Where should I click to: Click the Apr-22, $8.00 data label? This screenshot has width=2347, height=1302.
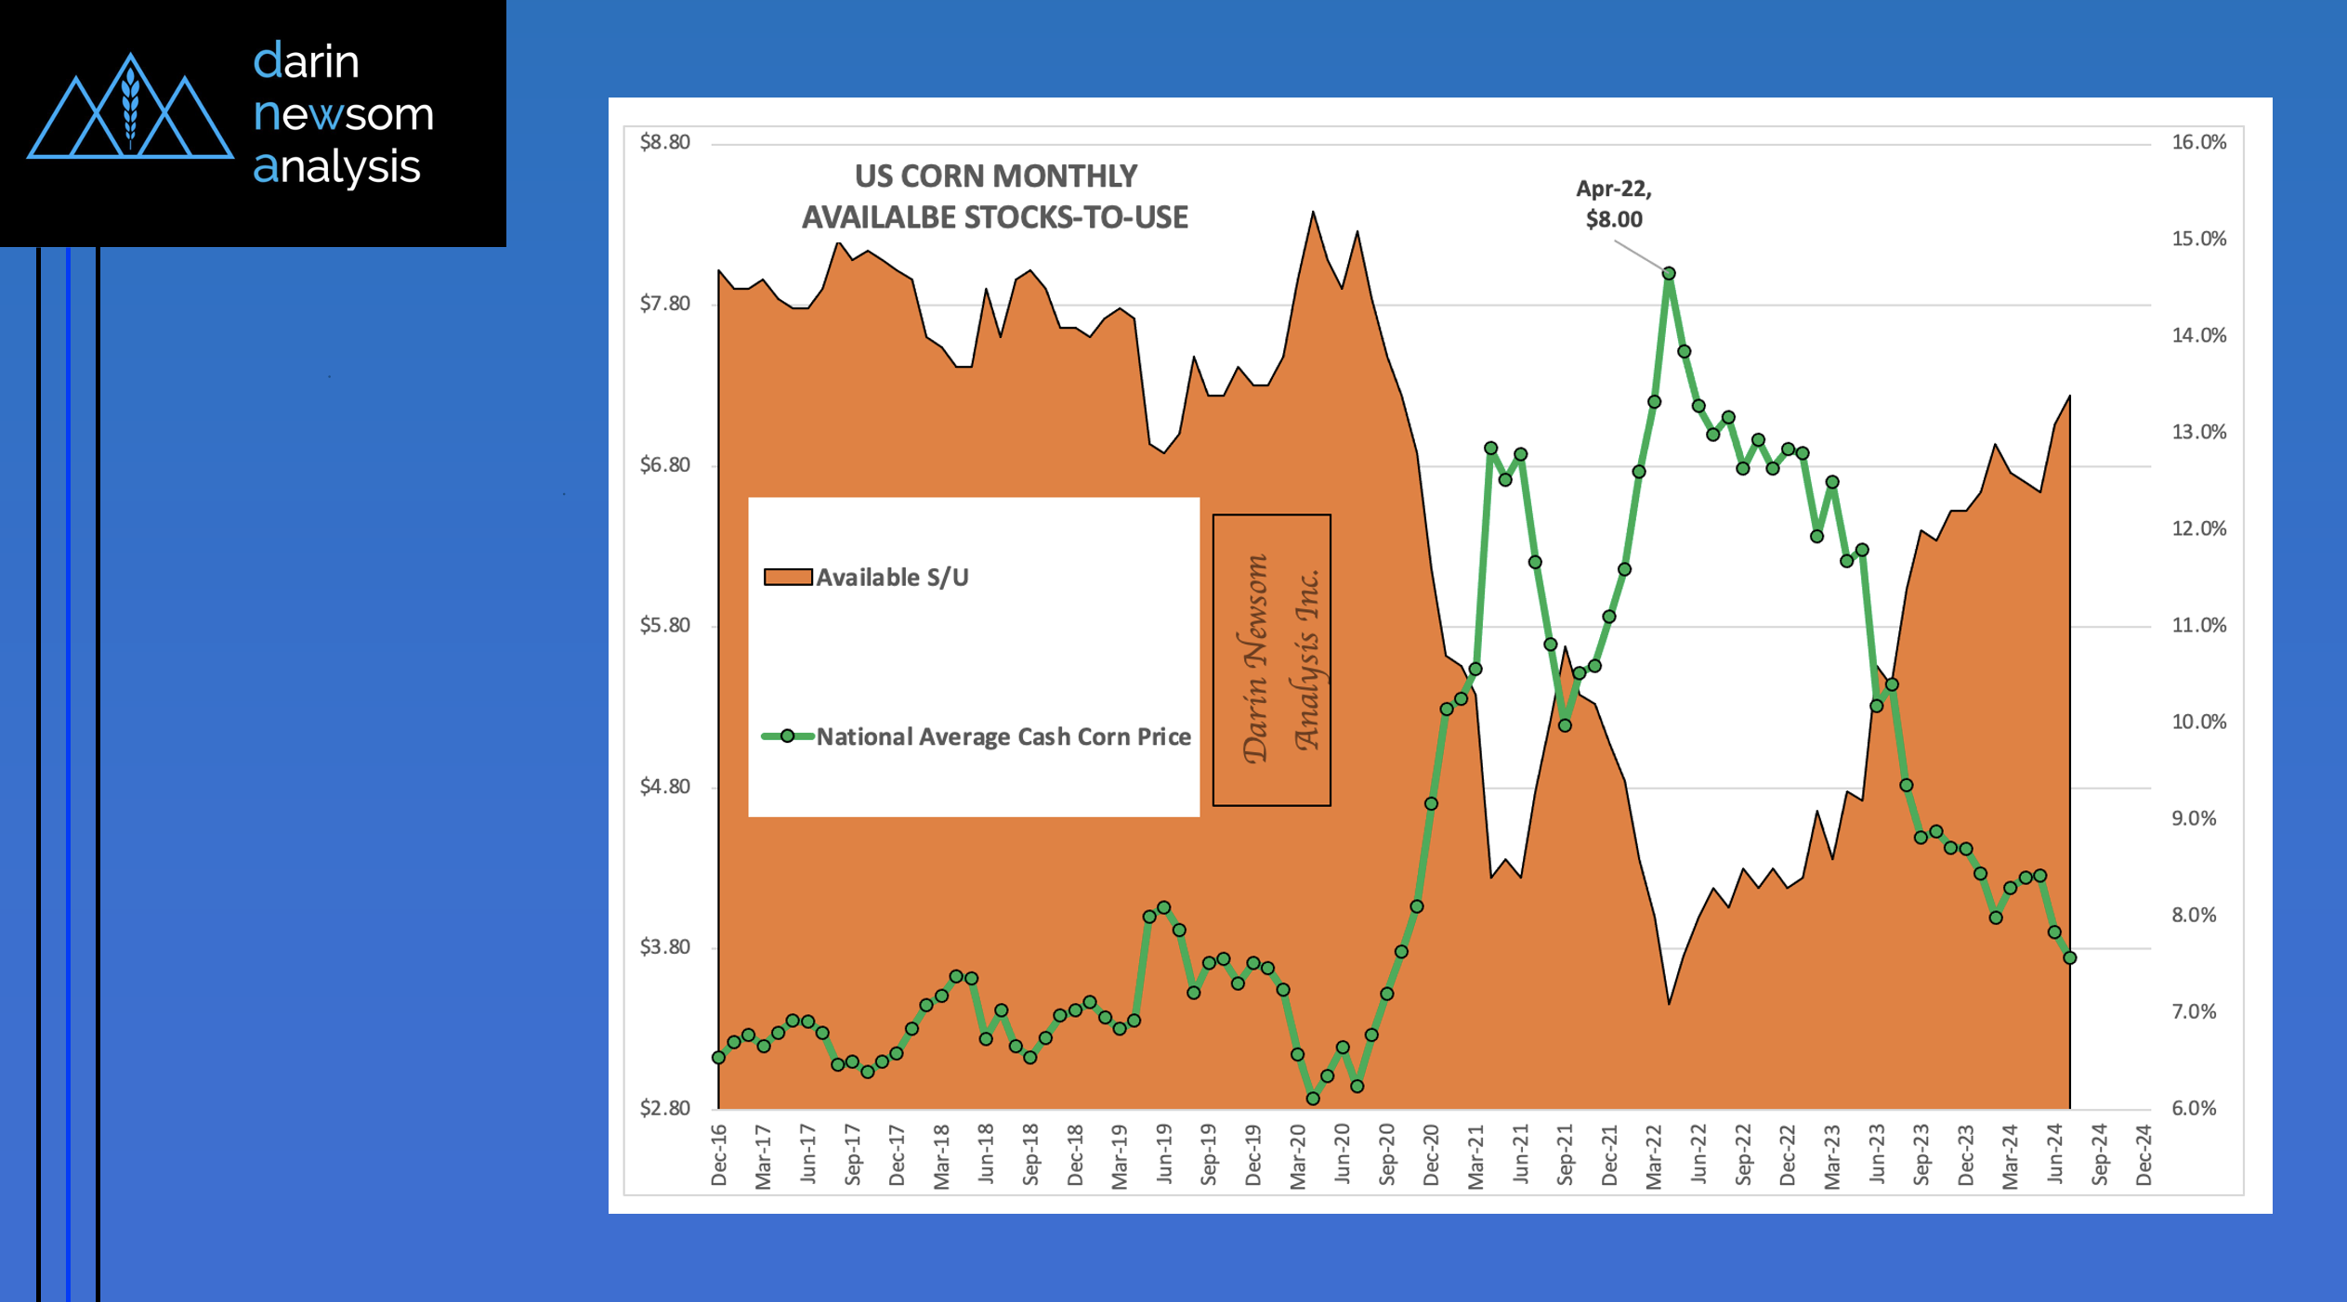(1614, 204)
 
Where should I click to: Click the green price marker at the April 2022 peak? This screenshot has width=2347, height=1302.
(1669, 273)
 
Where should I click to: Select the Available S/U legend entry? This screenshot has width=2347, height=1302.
(866, 578)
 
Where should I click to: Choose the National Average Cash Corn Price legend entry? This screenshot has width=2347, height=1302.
(976, 736)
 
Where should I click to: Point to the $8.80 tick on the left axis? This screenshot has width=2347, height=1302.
(665, 142)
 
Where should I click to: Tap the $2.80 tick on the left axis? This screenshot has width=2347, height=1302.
(665, 1108)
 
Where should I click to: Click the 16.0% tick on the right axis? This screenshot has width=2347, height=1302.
(2198, 142)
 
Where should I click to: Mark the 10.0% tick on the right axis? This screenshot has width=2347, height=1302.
(2198, 722)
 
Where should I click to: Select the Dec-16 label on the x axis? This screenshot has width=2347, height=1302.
(718, 1155)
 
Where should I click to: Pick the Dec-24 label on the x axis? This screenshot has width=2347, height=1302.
(2144, 1155)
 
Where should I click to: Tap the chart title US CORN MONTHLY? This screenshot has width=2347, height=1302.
(995, 176)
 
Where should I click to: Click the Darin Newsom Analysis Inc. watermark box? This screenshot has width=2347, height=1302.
(1271, 659)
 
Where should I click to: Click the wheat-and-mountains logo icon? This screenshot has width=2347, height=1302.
(130, 109)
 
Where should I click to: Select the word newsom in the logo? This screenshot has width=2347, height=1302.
(344, 114)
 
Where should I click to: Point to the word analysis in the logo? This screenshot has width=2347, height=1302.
(336, 167)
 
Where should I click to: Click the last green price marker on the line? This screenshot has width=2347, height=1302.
(2069, 957)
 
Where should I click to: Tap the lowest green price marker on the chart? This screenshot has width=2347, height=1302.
(1313, 1099)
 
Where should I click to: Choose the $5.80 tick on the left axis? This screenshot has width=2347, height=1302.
(665, 625)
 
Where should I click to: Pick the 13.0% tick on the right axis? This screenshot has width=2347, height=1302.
(2198, 432)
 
